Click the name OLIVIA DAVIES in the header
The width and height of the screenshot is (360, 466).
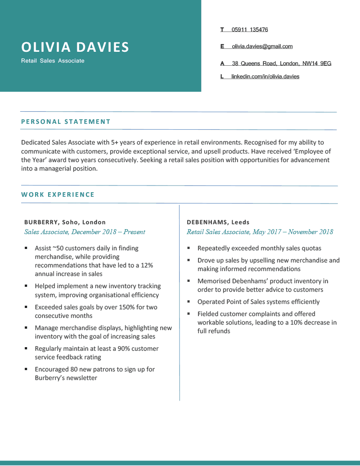[x=75, y=47]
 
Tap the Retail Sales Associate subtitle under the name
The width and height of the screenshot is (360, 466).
[x=53, y=61]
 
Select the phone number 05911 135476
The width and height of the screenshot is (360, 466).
[x=250, y=30]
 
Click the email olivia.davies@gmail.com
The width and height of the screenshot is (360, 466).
[x=262, y=46]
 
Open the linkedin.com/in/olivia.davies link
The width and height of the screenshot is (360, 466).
[x=265, y=77]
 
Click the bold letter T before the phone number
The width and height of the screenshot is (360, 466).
[x=222, y=30]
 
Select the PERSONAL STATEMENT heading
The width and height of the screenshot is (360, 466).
[x=66, y=122]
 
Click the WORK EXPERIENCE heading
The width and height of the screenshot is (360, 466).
[x=58, y=195]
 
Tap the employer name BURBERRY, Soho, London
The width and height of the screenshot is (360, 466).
[x=65, y=222]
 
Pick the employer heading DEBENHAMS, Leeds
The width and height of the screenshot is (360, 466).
[x=218, y=222]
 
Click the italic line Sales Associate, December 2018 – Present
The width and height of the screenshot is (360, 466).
[x=85, y=232]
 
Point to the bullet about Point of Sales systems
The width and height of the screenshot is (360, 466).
[x=258, y=302]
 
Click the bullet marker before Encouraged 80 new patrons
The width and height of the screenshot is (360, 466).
[x=26, y=369]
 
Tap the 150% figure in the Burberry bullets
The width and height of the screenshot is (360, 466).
[x=116, y=307]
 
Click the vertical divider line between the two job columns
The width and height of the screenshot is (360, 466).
[x=180, y=302]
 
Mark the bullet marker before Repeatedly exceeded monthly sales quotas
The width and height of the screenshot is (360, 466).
[x=189, y=248]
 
